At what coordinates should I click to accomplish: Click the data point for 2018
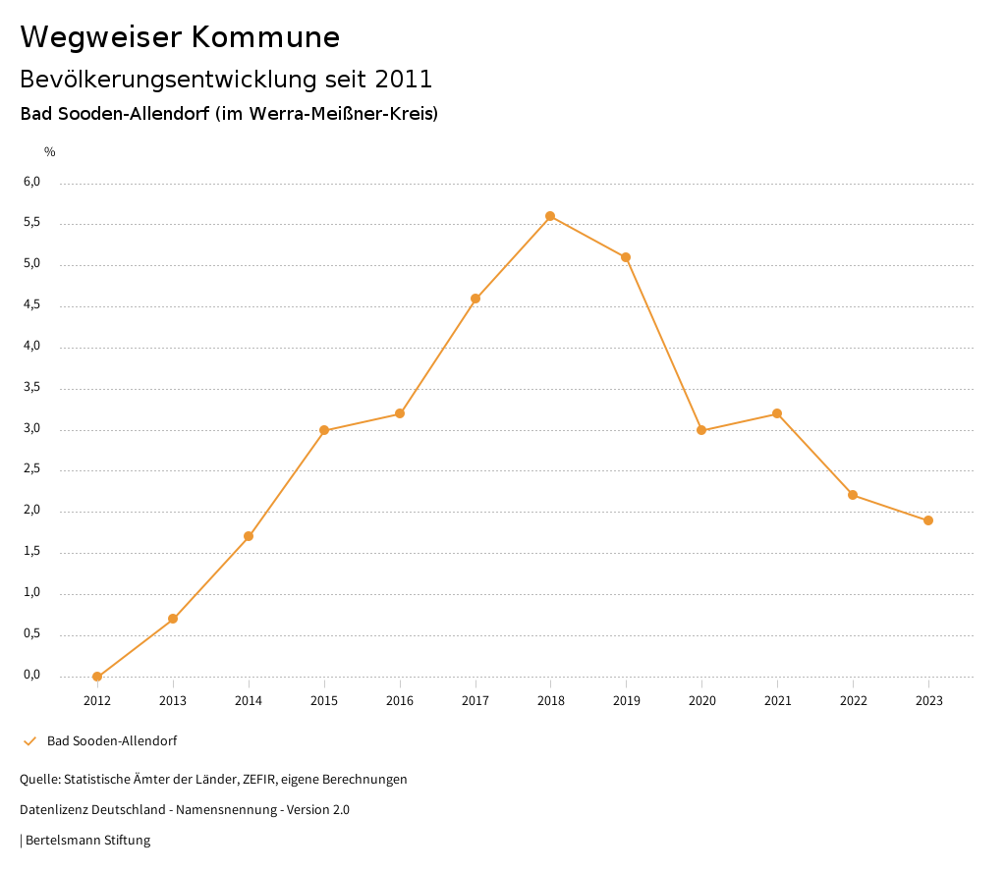550,216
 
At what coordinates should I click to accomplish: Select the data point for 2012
97,677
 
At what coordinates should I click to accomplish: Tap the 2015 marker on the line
324,430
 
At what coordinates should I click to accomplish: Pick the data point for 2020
701,430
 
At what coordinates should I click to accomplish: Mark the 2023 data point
928,520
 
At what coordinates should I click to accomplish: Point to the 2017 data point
475,299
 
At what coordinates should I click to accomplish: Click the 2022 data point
853,495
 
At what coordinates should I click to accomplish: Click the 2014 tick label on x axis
249,701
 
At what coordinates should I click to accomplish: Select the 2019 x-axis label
626,701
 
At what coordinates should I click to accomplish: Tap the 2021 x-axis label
777,701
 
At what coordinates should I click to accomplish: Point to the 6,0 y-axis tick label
31,182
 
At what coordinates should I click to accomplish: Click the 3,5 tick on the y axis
31,387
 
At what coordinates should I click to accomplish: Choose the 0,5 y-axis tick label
31,633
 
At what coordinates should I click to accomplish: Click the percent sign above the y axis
50,152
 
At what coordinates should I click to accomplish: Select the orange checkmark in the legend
29,741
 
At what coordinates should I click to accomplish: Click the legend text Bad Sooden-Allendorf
112,741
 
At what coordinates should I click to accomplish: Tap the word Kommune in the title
265,37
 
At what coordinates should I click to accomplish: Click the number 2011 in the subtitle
404,79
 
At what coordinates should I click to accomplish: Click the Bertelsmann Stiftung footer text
87,841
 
